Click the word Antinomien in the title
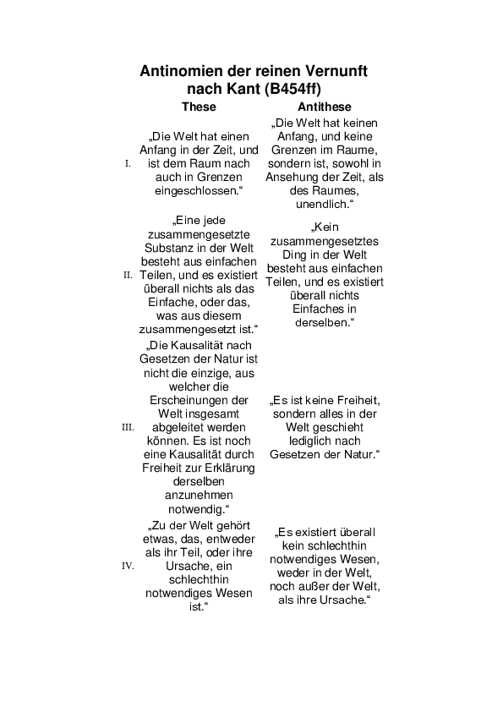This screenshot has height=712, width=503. pos(178,71)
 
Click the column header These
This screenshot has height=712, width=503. pos(199,107)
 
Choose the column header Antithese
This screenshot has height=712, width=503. pos(325,107)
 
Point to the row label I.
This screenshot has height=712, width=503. pos(128,163)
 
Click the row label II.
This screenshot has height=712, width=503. pos(128,275)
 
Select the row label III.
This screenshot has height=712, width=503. pos(128,427)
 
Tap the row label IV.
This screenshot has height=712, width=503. pos(128,566)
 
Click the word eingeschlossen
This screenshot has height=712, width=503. pos(196,191)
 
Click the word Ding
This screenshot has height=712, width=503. pos(293,255)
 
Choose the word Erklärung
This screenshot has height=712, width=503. pos(222,468)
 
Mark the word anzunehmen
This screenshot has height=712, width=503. pos(200,495)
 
